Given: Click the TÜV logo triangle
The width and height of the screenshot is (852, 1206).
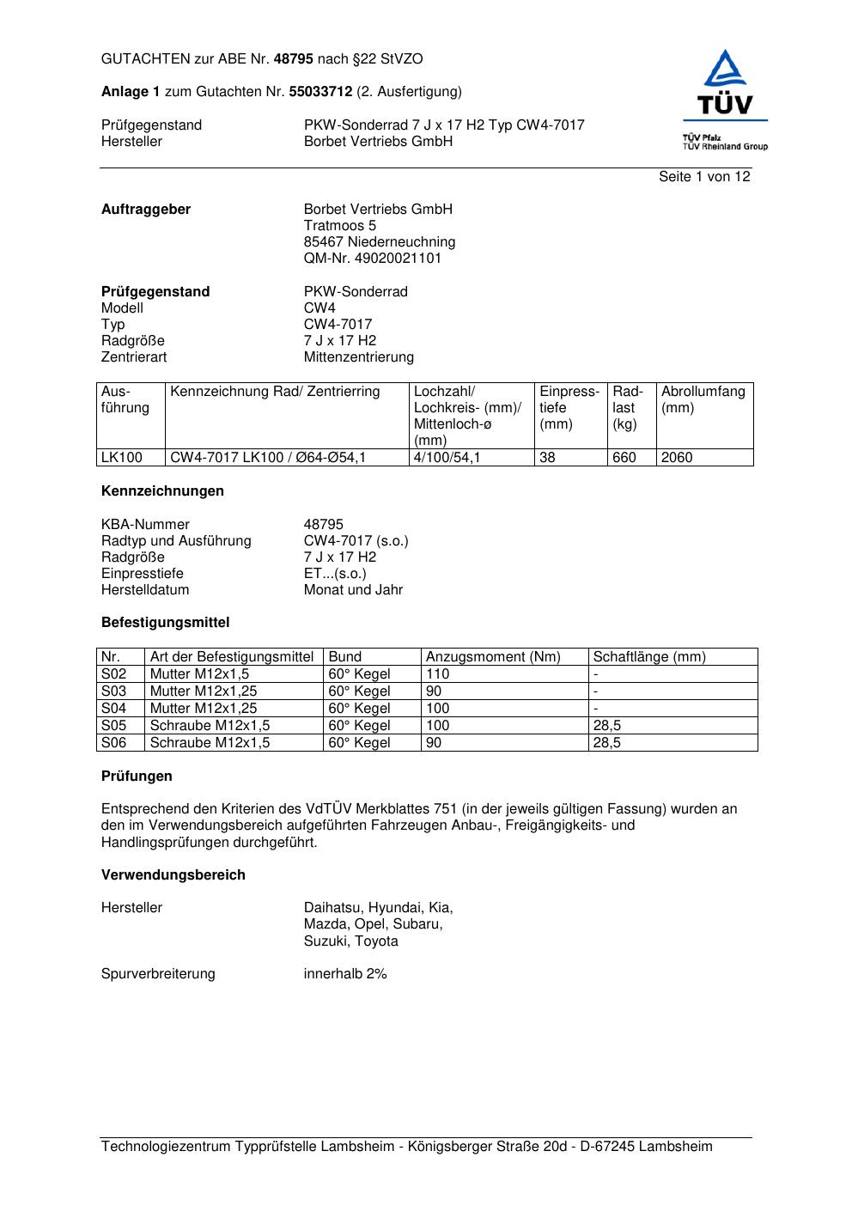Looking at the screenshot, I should pyautogui.click(x=726, y=70).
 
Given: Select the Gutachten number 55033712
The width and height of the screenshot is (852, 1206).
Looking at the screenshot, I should pyautogui.click(x=320, y=91).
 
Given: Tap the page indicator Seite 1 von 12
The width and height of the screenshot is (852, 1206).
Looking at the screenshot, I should pyautogui.click(x=703, y=177).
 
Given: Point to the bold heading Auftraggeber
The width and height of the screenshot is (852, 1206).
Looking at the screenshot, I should pyautogui.click(x=146, y=210).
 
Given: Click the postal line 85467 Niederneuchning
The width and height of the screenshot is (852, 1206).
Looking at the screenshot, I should pyautogui.click(x=379, y=242).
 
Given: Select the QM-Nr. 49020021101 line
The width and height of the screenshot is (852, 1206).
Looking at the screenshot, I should pyautogui.click(x=373, y=259).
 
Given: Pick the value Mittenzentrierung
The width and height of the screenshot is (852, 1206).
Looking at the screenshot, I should pyautogui.click(x=358, y=357).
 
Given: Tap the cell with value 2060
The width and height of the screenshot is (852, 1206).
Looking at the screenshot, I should pyautogui.click(x=677, y=458).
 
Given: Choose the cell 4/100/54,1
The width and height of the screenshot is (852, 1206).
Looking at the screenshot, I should pyautogui.click(x=447, y=458).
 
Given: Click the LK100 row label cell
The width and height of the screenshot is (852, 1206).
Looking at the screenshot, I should pyautogui.click(x=122, y=458).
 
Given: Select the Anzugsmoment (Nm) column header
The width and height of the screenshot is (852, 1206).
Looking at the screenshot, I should pyautogui.click(x=493, y=657).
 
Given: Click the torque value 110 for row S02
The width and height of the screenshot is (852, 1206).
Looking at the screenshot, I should pyautogui.click(x=438, y=674).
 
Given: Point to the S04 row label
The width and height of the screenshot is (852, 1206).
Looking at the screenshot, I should pyautogui.click(x=114, y=709).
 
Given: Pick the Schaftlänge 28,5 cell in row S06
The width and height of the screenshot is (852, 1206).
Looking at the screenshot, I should pyautogui.click(x=607, y=743).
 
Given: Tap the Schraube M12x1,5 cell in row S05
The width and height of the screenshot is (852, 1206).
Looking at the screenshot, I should pyautogui.click(x=210, y=726).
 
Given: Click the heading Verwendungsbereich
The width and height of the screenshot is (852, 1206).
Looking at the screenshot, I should pyautogui.click(x=173, y=875).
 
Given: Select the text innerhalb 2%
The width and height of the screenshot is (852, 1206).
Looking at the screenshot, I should pyautogui.click(x=345, y=974).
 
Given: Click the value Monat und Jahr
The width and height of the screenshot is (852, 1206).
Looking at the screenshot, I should pyautogui.click(x=353, y=590).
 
